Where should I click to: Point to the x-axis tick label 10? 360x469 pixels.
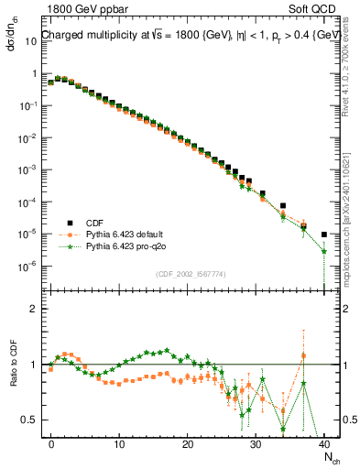tap(119, 442)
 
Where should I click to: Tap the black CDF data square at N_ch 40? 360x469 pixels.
tap(324, 234)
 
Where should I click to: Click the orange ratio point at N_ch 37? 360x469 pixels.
tap(303, 355)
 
